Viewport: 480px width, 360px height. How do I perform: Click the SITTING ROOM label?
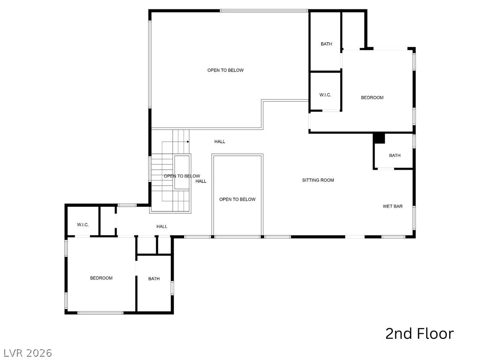[x=318, y=180]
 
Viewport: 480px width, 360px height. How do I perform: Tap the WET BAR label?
[x=392, y=206]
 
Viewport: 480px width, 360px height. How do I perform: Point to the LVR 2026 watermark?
[x=28, y=352]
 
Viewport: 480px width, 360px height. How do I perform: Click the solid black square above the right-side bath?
[x=379, y=139]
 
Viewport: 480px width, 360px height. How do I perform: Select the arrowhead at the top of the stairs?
[x=187, y=141]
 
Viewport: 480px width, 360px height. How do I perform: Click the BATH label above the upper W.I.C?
[x=326, y=44]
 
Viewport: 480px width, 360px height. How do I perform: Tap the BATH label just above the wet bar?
[x=395, y=156]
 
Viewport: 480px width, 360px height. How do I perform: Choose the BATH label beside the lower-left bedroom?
[x=154, y=279]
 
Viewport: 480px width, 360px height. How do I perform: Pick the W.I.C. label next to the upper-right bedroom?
[x=325, y=95]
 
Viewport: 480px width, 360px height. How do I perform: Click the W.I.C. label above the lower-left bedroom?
[x=83, y=225]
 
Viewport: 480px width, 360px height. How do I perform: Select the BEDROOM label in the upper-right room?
[x=372, y=97]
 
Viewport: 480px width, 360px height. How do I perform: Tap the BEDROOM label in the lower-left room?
[x=101, y=278]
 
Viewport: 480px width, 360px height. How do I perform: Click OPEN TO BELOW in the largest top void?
[x=225, y=70]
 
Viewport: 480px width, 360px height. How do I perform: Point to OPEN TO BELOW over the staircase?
[x=181, y=176]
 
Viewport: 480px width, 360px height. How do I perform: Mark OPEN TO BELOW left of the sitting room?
[x=237, y=199]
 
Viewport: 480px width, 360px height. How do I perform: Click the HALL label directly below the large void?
[x=220, y=142]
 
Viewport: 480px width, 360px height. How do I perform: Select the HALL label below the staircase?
[x=162, y=226]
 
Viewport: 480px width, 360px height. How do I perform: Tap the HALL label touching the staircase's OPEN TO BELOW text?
[x=201, y=181]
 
